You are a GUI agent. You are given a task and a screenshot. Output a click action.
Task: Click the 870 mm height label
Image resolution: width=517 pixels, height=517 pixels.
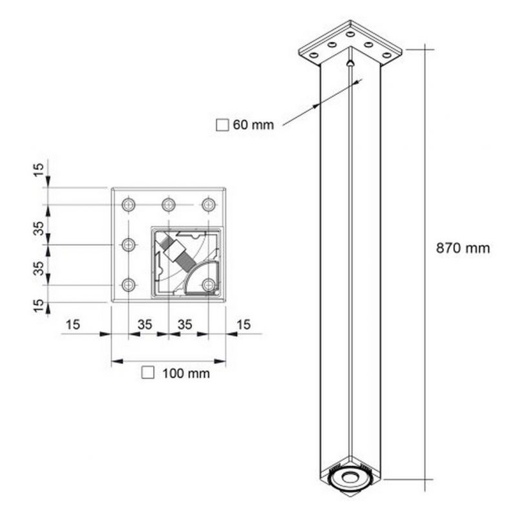[463, 248]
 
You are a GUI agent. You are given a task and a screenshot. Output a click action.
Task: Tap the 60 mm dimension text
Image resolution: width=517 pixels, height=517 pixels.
[253, 125]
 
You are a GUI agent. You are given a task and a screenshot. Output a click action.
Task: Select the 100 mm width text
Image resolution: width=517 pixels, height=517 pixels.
[186, 374]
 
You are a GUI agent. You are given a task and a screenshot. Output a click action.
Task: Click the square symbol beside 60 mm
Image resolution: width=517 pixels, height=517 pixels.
[222, 125]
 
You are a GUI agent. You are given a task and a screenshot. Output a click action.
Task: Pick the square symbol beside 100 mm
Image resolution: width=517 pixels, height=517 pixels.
[148, 373]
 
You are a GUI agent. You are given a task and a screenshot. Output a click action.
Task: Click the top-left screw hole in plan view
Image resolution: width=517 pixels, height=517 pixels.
[129, 205]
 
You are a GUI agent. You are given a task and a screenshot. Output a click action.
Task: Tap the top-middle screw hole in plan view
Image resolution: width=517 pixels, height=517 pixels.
[169, 205]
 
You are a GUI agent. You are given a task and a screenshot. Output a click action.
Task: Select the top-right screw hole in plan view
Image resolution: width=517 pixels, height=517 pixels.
[209, 205]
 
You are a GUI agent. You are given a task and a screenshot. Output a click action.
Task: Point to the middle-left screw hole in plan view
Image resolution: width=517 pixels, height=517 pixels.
[129, 245]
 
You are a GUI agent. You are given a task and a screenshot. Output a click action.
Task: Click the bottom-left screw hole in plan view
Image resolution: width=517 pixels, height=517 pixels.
[129, 285]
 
